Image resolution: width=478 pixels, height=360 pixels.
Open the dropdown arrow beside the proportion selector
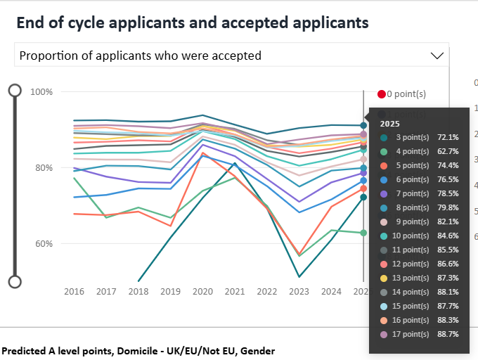coord(437,56)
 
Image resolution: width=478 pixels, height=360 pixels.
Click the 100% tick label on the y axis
coord(41,92)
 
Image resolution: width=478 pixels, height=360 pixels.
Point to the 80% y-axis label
coord(44,168)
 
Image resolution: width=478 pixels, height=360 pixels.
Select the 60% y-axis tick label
coord(44,244)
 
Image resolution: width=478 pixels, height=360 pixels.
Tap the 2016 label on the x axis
coord(74,291)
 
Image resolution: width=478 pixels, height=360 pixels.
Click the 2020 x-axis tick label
coord(202,291)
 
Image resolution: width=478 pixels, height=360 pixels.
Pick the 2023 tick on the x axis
coord(299,291)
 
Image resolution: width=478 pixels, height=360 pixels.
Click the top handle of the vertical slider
coord(15,90)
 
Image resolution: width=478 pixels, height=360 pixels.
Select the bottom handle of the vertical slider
coord(15,282)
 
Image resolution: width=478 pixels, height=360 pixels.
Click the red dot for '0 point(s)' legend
coord(382,94)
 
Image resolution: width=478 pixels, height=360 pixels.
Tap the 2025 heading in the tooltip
coord(389,123)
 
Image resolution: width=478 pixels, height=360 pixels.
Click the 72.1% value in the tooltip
coord(448,137)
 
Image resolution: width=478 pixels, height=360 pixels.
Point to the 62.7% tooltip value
coord(448,151)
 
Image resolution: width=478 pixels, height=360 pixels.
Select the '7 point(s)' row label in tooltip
coord(413,193)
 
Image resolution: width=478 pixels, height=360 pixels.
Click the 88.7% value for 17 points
coord(448,334)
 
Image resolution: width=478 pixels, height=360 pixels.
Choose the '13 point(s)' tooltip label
coord(413,278)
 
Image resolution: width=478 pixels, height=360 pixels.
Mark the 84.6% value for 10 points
coord(448,236)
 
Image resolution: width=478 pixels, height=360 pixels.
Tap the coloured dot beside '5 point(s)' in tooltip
coord(385,165)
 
